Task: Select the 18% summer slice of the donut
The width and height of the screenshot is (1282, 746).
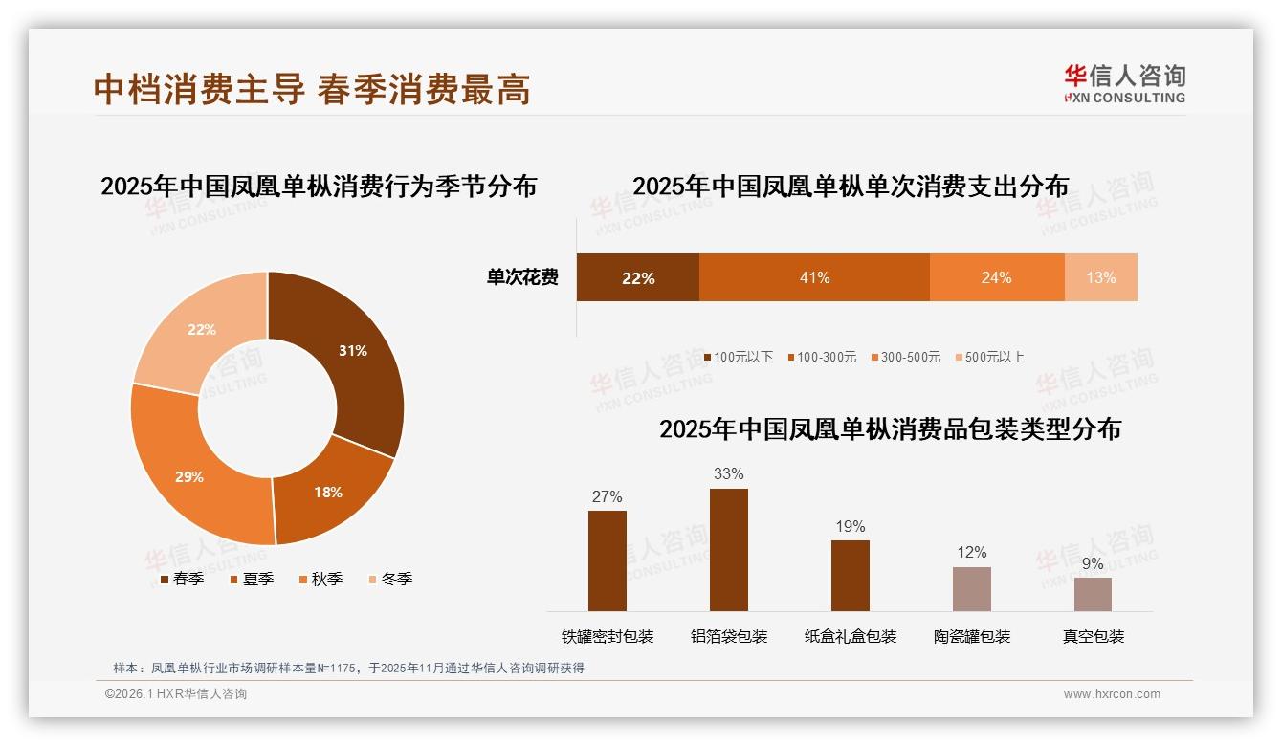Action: click(328, 492)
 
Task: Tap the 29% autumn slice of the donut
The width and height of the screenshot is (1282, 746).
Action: click(188, 476)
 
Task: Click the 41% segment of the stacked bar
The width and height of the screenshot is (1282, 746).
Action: click(814, 278)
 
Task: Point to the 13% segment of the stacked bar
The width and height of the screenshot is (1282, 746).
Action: click(1100, 278)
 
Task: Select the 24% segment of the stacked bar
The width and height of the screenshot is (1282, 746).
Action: click(996, 278)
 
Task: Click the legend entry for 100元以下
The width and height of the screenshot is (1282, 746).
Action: click(738, 358)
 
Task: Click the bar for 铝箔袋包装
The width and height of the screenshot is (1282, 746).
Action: click(729, 550)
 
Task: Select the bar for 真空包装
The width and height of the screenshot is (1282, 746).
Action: click(1093, 594)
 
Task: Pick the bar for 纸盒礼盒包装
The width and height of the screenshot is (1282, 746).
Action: click(851, 576)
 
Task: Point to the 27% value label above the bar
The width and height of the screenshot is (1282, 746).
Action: click(608, 496)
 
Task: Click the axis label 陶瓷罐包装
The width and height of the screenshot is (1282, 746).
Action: click(972, 637)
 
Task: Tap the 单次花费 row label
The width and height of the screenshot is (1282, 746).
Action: click(522, 278)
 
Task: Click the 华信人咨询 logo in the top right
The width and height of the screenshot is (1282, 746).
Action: click(1124, 84)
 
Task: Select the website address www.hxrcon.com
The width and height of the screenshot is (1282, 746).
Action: click(1112, 694)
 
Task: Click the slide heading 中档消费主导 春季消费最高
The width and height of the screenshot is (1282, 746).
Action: click(312, 90)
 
